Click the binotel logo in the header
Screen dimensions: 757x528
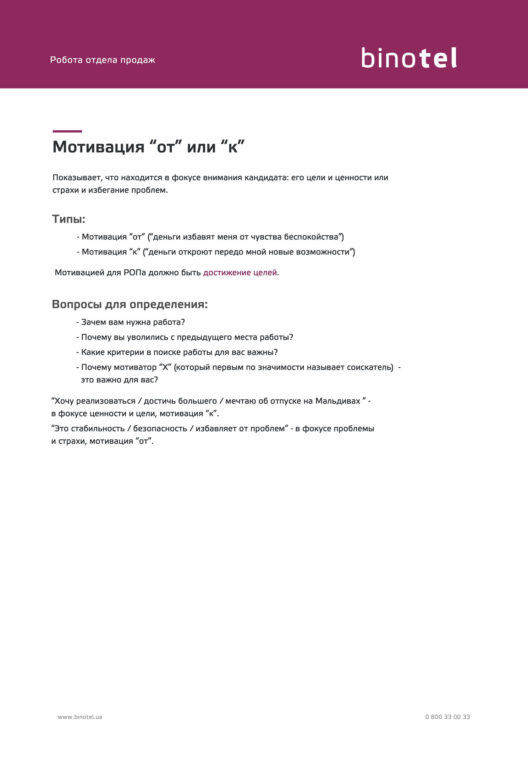pyautogui.click(x=409, y=58)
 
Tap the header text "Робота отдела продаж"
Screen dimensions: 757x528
pyautogui.click(x=103, y=60)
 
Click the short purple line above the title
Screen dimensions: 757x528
pyautogui.click(x=67, y=131)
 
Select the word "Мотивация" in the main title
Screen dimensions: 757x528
pyautogui.click(x=98, y=147)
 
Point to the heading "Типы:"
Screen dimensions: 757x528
pyautogui.click(x=69, y=219)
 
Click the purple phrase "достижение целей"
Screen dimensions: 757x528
pyautogui.click(x=240, y=273)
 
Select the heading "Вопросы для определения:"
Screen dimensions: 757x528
pyautogui.click(x=130, y=304)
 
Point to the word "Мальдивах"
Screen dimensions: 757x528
pyautogui.click(x=338, y=401)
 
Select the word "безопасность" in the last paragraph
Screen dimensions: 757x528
pyautogui.click(x=160, y=429)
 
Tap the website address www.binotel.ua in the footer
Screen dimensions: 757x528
pyautogui.click(x=80, y=717)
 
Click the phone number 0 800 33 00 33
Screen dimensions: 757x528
pyautogui.click(x=448, y=717)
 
